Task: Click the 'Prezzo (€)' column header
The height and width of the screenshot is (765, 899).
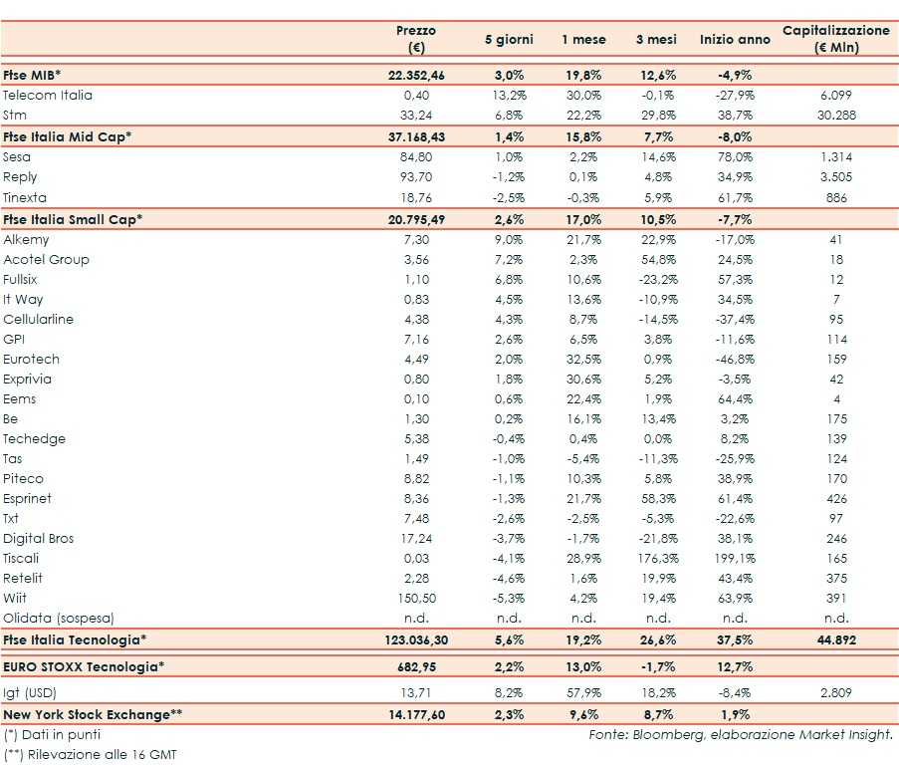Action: (415, 39)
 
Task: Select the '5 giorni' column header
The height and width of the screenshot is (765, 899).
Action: (509, 40)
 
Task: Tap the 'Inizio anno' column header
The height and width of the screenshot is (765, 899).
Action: (735, 40)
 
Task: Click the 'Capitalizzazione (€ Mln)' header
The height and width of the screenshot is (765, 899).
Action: (836, 39)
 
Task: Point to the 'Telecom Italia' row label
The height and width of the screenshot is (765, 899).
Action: (48, 96)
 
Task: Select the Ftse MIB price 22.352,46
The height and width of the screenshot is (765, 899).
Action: (416, 75)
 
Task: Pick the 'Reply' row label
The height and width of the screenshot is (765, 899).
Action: (21, 177)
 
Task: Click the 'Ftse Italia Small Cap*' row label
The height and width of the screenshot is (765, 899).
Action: (73, 219)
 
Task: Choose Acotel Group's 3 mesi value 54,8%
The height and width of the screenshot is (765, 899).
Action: (656, 260)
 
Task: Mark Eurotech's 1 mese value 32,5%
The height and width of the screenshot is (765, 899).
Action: (581, 360)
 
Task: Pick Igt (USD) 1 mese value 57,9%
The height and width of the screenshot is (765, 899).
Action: (581, 690)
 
